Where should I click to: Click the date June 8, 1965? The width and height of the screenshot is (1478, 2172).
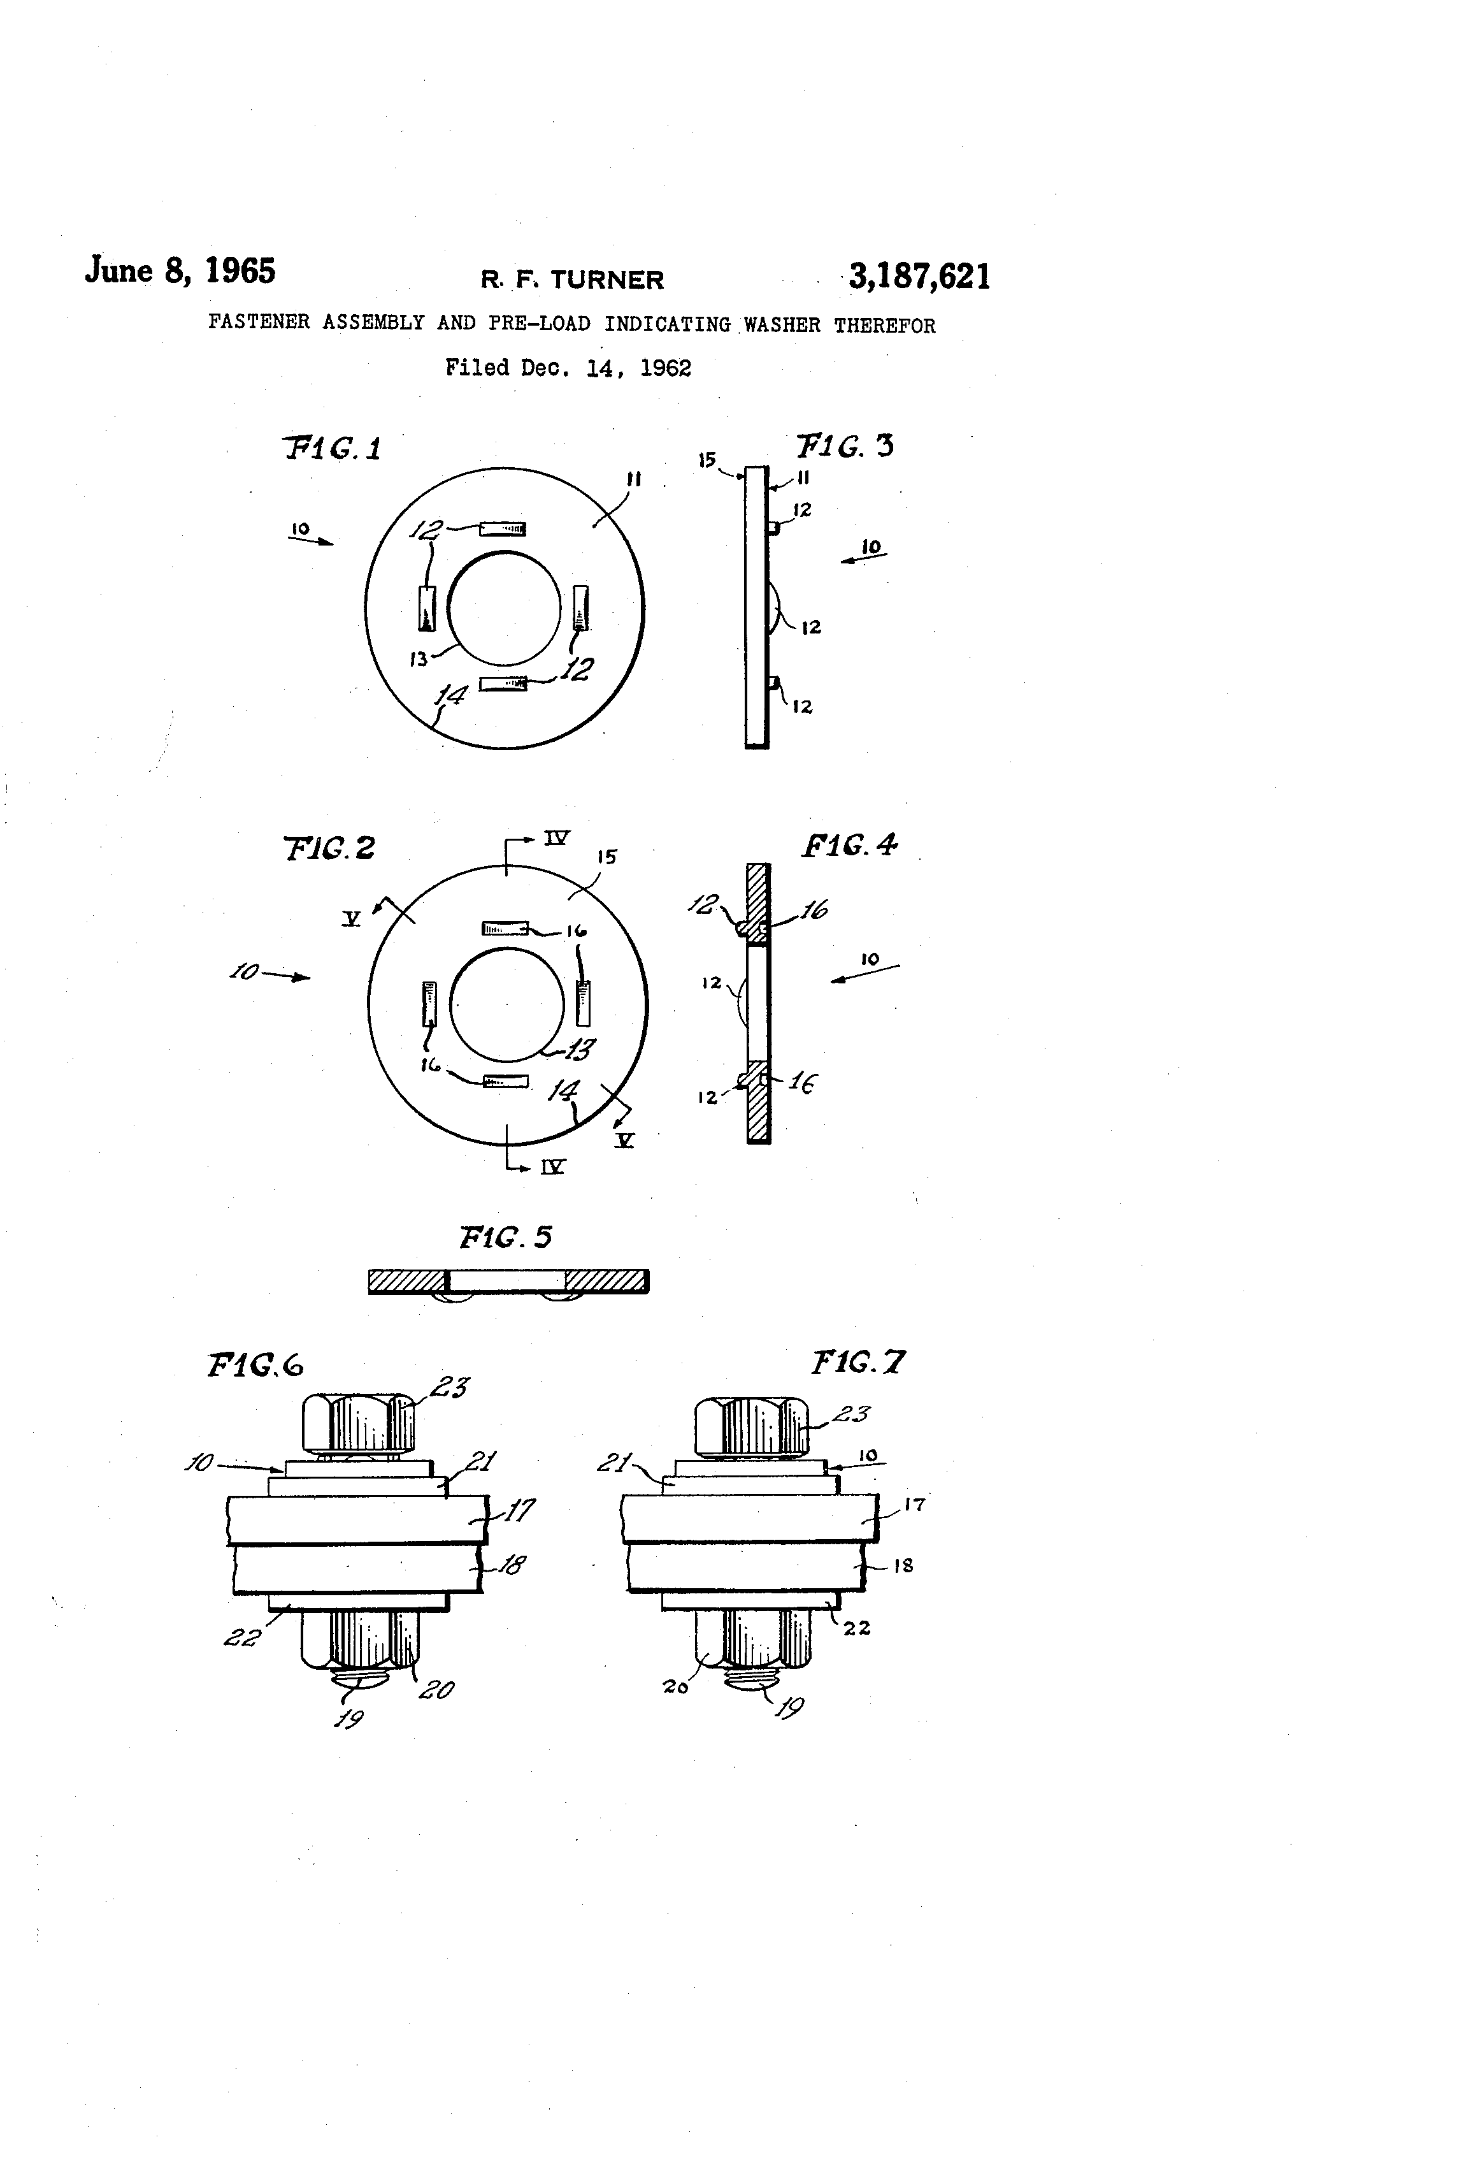[180, 270]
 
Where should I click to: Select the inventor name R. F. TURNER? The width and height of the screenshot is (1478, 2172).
[571, 279]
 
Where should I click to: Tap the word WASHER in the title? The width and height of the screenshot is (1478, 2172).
[782, 324]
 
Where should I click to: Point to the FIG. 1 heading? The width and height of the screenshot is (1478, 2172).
[333, 449]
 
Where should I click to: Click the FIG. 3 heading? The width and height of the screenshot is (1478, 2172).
[845, 445]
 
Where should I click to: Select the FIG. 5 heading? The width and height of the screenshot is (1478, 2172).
[505, 1238]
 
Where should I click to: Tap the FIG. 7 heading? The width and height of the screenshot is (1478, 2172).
[857, 1362]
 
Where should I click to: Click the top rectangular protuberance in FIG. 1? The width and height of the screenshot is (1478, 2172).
[503, 530]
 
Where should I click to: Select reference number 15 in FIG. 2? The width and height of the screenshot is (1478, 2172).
[607, 856]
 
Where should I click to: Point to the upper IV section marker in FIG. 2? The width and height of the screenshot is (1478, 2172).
[557, 837]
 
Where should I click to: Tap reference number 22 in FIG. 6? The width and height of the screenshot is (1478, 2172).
[241, 1637]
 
